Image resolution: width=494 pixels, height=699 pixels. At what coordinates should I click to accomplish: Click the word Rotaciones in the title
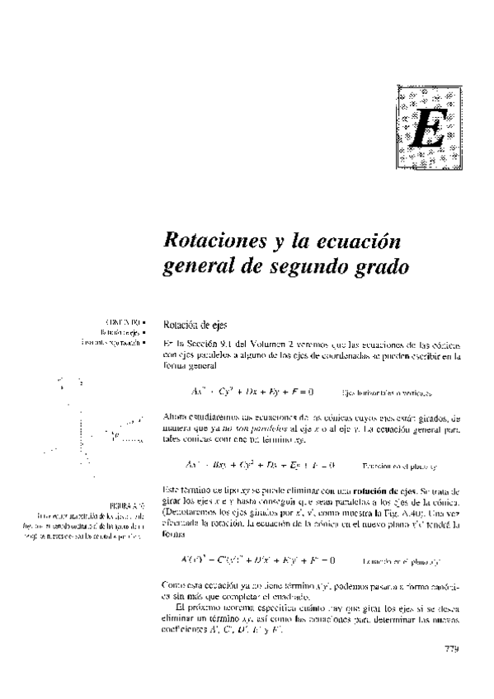point(212,243)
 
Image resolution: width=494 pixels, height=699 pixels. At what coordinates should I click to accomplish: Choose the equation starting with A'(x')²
point(257,561)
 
